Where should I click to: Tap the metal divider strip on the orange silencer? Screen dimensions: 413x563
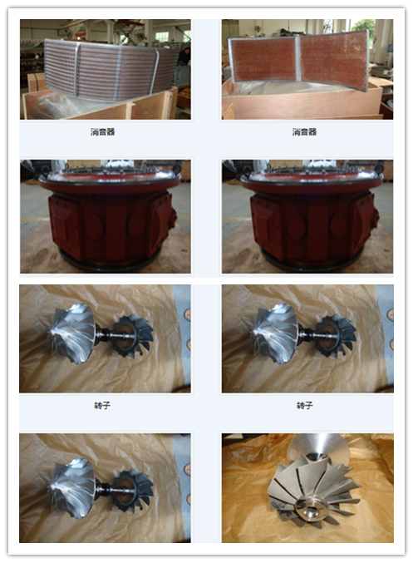(297, 59)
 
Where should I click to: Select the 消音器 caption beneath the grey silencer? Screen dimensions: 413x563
(102, 131)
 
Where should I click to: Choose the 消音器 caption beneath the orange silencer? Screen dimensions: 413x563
(304, 131)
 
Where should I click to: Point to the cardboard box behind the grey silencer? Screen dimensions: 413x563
(36, 81)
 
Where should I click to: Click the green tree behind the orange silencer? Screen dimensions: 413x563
(363, 27)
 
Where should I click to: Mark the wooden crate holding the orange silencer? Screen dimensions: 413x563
(302, 101)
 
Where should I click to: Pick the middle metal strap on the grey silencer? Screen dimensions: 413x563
(118, 74)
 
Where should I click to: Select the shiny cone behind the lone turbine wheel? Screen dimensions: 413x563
(317, 445)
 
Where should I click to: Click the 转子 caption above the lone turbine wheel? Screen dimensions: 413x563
(304, 405)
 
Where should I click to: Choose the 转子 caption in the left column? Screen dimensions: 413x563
(102, 405)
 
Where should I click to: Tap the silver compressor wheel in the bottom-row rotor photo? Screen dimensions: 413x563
(72, 487)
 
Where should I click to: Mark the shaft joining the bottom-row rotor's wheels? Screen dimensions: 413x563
(108, 489)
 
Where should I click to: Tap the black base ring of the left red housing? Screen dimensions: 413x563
(108, 263)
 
